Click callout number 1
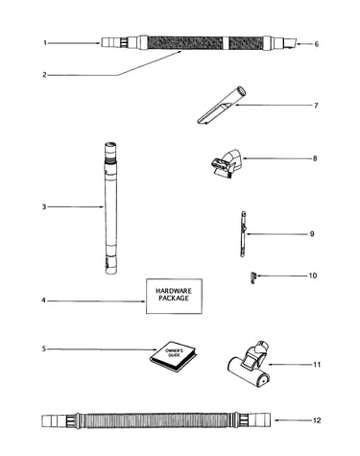(45, 43)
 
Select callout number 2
(44, 75)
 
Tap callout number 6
(317, 44)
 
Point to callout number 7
(316, 106)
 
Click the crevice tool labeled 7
(221, 105)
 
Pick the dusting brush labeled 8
(227, 162)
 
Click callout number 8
(315, 158)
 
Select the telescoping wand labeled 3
(110, 208)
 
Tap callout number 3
(44, 207)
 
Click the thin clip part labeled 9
(243, 233)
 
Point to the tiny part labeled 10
(253, 277)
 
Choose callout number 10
(313, 276)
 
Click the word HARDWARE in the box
(174, 291)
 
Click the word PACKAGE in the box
(174, 299)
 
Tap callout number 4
(44, 300)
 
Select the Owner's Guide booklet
(173, 357)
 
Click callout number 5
(44, 348)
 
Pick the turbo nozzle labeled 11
(250, 365)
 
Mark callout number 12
(317, 420)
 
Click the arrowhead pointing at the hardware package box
(144, 301)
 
